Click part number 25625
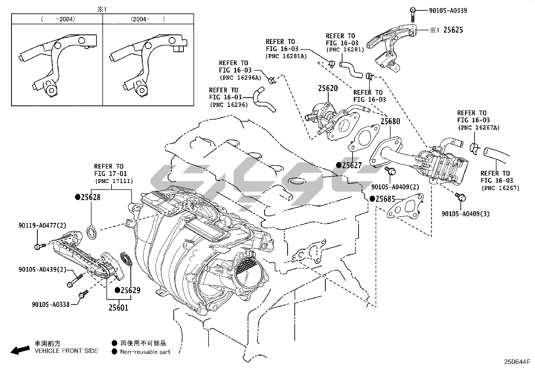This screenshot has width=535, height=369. tap(453, 30)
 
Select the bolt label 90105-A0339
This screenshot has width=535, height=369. tap(448, 10)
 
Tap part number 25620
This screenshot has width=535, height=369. tap(328, 89)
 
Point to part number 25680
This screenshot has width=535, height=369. tap(390, 121)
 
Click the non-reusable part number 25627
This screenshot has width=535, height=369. tap(352, 165)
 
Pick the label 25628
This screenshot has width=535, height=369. tap(90, 197)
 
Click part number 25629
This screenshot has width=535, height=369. tap(130, 290)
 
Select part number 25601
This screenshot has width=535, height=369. tap(118, 307)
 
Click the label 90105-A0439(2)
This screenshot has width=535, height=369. tap(43, 269)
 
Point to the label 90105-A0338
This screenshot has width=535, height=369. tap(51, 305)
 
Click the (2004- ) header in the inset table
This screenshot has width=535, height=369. tap(148, 19)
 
